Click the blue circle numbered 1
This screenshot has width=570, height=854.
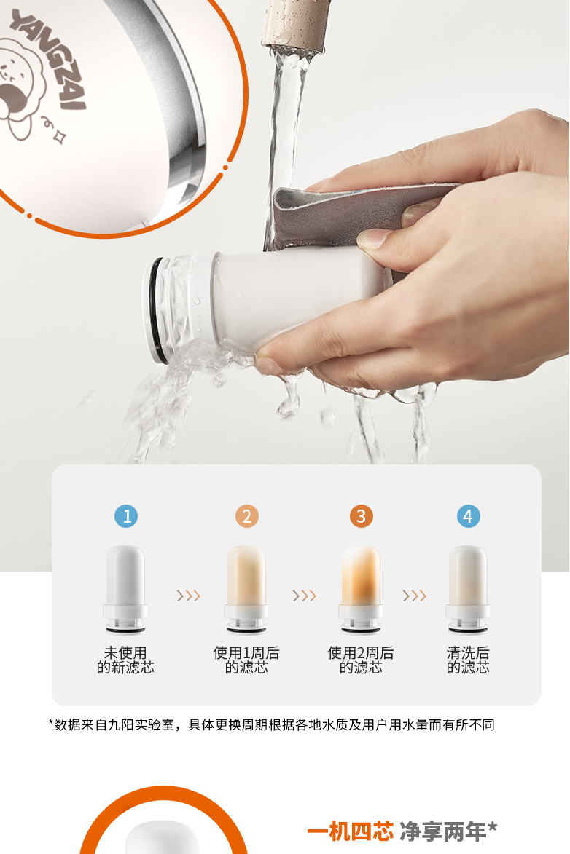[126, 515]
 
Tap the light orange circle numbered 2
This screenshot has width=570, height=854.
[246, 515]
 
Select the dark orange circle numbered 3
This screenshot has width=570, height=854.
[361, 515]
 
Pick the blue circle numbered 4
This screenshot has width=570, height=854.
[468, 515]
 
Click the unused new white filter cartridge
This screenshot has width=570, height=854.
[125, 589]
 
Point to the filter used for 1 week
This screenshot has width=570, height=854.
[246, 589]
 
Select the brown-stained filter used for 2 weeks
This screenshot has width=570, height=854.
[361, 589]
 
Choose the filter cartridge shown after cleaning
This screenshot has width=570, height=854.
[468, 589]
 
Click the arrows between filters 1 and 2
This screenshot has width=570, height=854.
[189, 596]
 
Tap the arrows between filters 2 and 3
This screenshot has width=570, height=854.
[305, 596]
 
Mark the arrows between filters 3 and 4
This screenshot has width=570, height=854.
[415, 596]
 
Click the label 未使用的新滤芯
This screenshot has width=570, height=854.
[125, 660]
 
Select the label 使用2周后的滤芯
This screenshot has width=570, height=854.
[361, 660]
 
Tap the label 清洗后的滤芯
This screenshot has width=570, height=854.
[468, 660]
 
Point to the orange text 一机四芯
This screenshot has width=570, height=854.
[350, 831]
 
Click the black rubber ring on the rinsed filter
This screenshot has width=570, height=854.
[156, 310]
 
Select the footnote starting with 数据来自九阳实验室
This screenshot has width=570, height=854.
[271, 725]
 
